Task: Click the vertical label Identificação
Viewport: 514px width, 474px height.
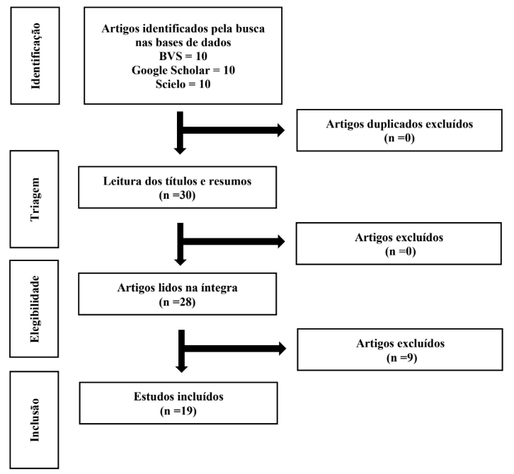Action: pos(35,56)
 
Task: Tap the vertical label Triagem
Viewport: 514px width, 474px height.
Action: pos(35,200)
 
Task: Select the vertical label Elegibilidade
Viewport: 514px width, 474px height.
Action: pos(35,309)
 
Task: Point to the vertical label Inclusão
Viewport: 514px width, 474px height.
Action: pos(35,420)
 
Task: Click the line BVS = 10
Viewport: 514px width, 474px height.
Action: pos(183,57)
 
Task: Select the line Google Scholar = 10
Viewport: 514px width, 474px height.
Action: pos(183,70)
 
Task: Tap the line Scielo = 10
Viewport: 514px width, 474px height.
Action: pos(183,84)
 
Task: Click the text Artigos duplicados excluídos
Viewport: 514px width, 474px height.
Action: pos(399,124)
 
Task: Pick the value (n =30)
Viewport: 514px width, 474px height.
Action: pos(177,195)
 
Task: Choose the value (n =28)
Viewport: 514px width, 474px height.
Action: pos(177,302)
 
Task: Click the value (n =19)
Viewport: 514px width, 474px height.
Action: pos(178,411)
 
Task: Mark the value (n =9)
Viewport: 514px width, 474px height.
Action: pos(401,358)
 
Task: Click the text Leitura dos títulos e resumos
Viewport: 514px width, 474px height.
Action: pos(177,181)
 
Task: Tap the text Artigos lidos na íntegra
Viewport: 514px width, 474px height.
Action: pos(177,288)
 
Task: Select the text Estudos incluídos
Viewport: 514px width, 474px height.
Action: pos(178,397)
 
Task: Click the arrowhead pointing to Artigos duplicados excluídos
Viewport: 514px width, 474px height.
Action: pos(281,130)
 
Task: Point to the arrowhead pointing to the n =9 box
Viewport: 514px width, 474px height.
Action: pos(282,348)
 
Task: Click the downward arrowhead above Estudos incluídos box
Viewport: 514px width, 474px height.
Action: pos(182,369)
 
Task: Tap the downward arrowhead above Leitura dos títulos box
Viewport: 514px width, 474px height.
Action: pos(180,151)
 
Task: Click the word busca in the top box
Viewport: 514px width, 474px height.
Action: pos(251,29)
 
